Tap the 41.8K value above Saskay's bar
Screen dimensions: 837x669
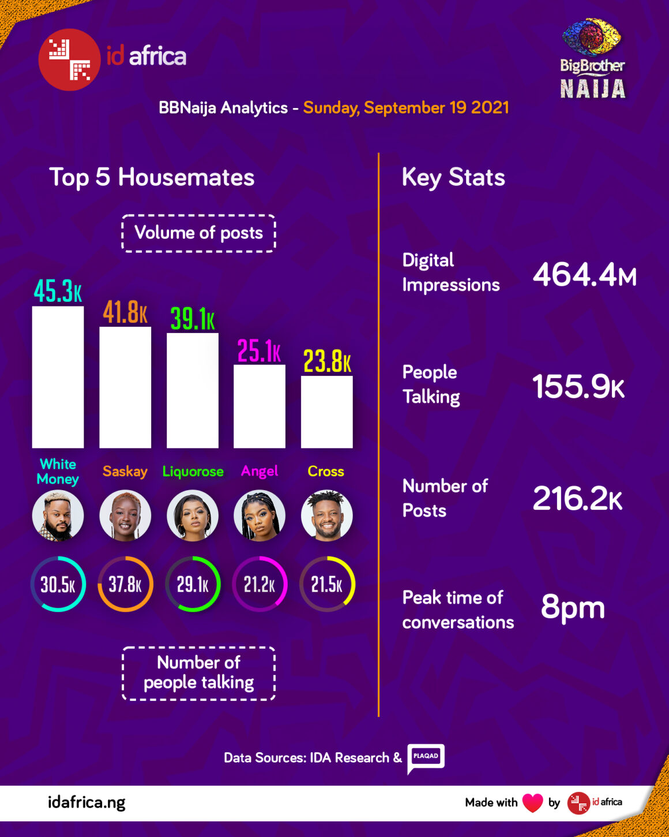(125, 312)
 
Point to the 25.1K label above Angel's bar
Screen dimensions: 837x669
(259, 351)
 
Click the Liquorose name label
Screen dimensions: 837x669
(193, 472)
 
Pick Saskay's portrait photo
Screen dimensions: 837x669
(125, 515)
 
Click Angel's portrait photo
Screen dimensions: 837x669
(260, 515)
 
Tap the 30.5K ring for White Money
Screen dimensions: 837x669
(58, 584)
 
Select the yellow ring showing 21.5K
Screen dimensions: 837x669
(327, 584)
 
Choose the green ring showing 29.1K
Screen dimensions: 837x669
(193, 584)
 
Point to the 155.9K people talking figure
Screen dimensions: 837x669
(578, 386)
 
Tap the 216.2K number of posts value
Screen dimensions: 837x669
(577, 498)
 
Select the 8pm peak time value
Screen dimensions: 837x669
(573, 607)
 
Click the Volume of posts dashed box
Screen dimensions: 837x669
(198, 233)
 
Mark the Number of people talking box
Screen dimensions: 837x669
(198, 673)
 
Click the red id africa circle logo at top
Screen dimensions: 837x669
(69, 59)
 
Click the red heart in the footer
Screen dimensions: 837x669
(532, 802)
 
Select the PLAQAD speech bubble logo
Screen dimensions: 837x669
(426, 757)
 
